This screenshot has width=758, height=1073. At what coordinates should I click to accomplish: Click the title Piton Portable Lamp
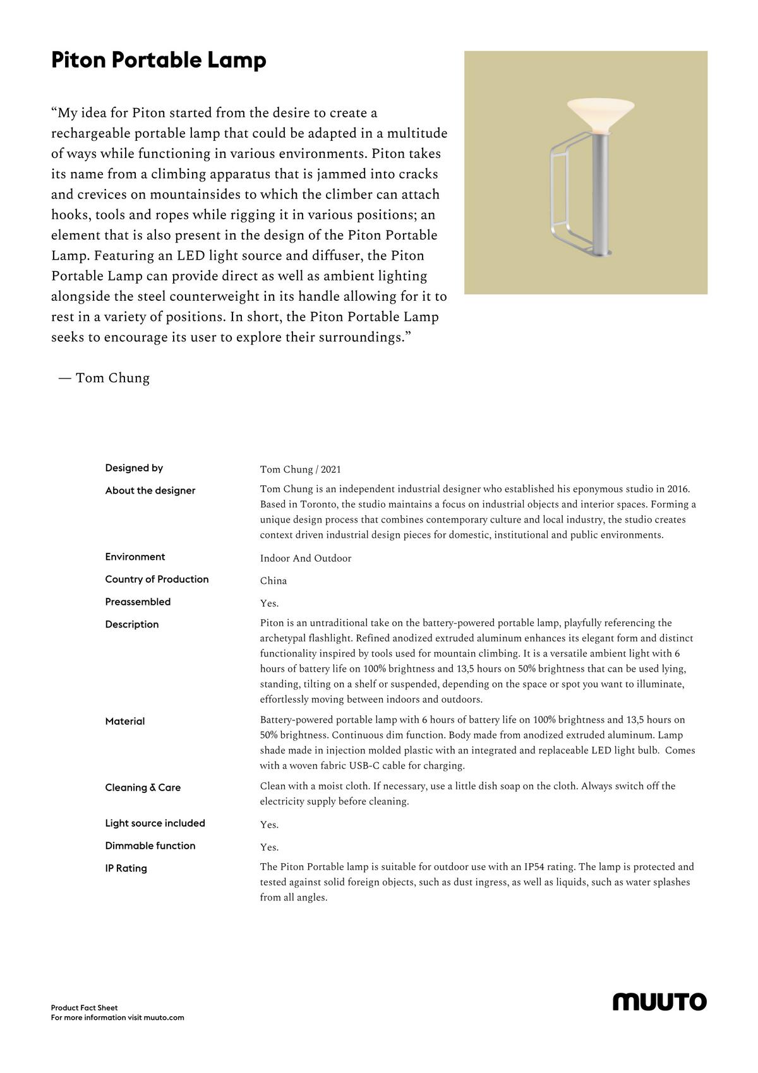pyautogui.click(x=159, y=61)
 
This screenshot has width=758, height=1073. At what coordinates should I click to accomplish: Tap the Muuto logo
pyautogui.click(x=659, y=1002)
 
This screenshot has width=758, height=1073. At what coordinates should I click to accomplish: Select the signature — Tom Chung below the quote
pyautogui.click(x=104, y=379)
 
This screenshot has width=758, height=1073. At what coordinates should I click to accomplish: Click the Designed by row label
pyautogui.click(x=134, y=468)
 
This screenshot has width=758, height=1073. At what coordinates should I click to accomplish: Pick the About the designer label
pyautogui.click(x=150, y=491)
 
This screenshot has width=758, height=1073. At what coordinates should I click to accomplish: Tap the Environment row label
pyautogui.click(x=135, y=557)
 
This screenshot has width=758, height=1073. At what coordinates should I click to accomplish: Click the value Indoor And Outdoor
pyautogui.click(x=306, y=559)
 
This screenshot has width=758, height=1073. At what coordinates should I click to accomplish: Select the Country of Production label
pyautogui.click(x=157, y=579)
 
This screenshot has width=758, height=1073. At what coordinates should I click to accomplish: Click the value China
pyautogui.click(x=274, y=581)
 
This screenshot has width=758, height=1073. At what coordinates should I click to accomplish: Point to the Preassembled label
pyautogui.click(x=138, y=602)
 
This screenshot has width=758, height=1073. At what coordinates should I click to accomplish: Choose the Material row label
pyautogui.click(x=125, y=722)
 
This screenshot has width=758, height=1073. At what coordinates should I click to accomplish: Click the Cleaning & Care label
pyautogui.click(x=143, y=788)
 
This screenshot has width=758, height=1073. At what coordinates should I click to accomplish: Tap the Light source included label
pyautogui.click(x=155, y=823)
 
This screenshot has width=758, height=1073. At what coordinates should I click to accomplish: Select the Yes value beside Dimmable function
pyautogui.click(x=269, y=847)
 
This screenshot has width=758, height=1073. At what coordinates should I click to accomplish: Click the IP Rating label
pyautogui.click(x=126, y=869)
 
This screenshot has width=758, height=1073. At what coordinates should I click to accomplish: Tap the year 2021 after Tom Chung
pyautogui.click(x=331, y=470)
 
